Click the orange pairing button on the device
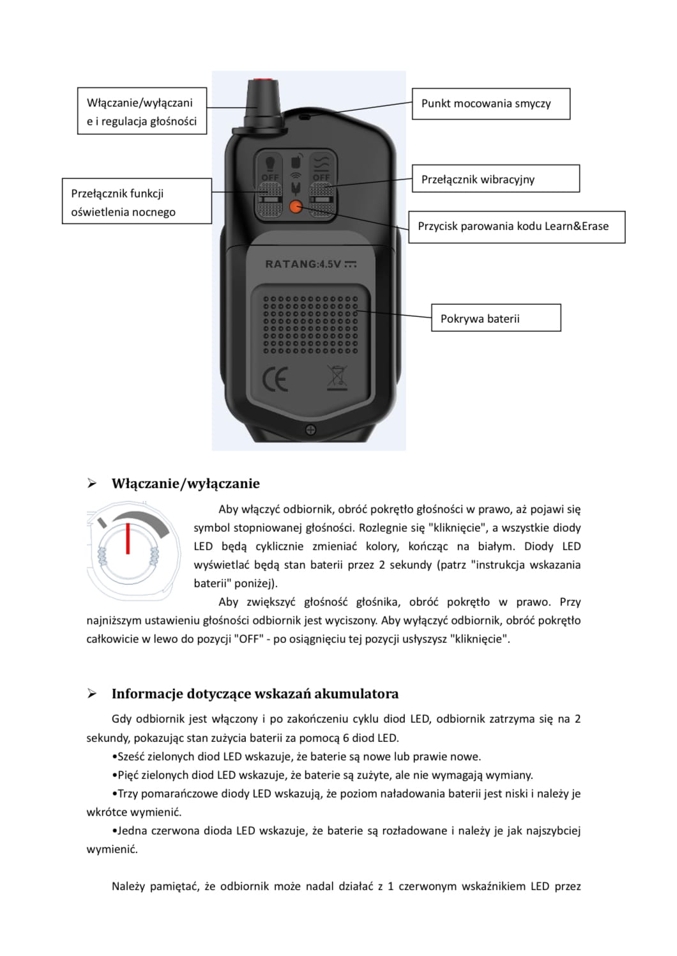pos(295,206)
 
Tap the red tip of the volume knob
pos(262,82)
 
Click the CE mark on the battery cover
pos(275,378)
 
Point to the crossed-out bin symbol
pos(337,378)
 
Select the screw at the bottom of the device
pos(310,429)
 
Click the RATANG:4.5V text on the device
pos(310,264)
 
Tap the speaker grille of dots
pos(310,323)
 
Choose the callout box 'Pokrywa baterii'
pos(496,318)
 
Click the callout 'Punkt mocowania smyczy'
pos(490,104)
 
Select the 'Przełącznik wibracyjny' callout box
pos(495,179)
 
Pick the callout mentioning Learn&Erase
pos(516,226)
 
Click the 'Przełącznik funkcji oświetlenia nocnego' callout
pos(137,201)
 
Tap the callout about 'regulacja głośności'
pos(142,111)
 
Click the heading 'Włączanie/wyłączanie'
pos(185,483)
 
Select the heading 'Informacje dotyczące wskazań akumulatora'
pos(255,693)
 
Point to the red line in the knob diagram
pos(128,538)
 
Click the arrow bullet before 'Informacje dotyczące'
pos(92,693)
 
